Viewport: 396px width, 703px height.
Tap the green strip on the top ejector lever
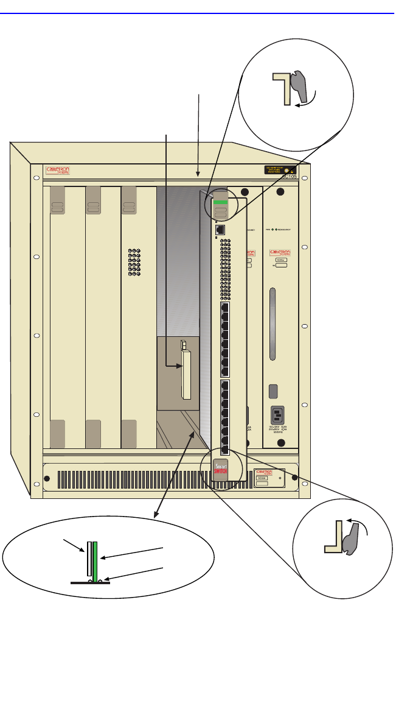click(x=221, y=202)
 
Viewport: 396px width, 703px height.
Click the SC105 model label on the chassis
click(x=288, y=177)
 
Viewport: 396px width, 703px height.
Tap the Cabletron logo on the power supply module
click(x=280, y=252)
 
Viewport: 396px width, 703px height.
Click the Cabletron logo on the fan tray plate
click(x=265, y=472)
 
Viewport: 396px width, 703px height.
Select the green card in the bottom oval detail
click(x=96, y=560)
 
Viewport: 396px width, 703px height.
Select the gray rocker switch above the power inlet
click(x=274, y=391)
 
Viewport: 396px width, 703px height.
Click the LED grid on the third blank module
click(x=134, y=263)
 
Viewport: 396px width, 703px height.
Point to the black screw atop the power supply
click(x=280, y=193)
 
